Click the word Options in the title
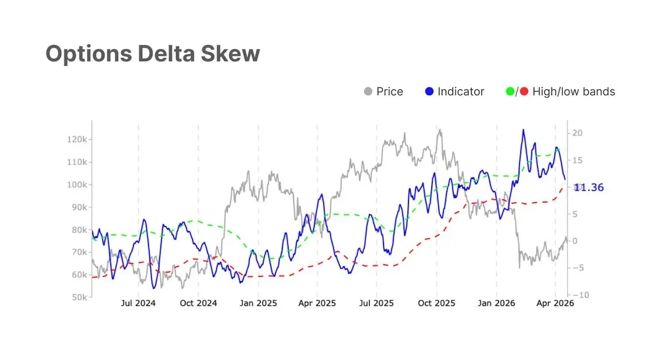[88, 54]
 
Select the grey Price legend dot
[367, 91]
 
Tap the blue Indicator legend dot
[429, 91]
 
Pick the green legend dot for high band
[510, 91]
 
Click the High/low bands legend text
[574, 91]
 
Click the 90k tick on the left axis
[78, 207]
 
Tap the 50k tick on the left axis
[78, 297]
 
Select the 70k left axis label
[78, 252]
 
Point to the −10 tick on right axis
[580, 295]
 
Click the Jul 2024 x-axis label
[138, 304]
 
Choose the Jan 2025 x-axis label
[258, 304]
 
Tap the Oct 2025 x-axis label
[437, 304]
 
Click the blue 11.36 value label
[589, 188]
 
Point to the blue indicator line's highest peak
[523, 130]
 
